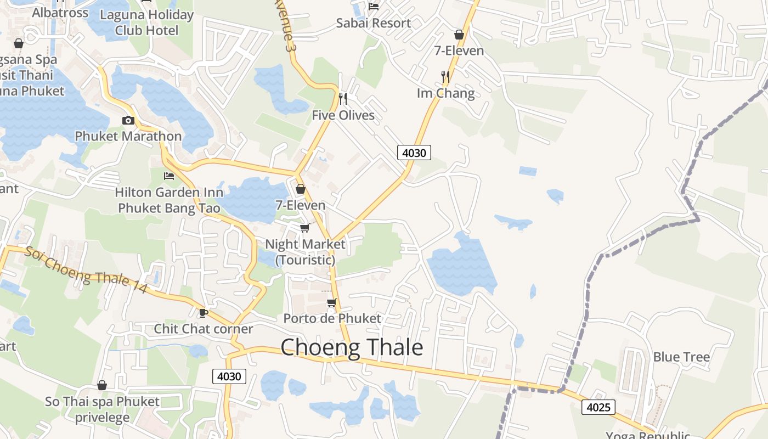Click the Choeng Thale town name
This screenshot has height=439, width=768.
[x=352, y=348]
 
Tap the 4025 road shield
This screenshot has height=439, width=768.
[x=598, y=407]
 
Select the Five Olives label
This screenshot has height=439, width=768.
[x=343, y=115]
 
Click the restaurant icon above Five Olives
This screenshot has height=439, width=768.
[x=343, y=99]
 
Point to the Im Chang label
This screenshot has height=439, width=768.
[x=445, y=93]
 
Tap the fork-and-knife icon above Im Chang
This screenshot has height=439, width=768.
[x=445, y=77]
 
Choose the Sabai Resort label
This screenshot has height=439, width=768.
[x=373, y=23]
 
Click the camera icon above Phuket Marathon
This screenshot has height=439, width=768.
[x=128, y=120]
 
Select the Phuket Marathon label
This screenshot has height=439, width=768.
[x=128, y=136]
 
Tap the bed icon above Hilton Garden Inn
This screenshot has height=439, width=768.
[x=169, y=176]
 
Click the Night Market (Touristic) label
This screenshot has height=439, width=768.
[x=305, y=252]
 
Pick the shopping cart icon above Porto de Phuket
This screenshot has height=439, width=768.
[x=331, y=302]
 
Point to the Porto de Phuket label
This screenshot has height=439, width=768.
[x=332, y=318]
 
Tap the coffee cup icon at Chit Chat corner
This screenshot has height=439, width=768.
[x=203, y=313]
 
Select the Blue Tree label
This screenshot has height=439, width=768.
[x=681, y=357]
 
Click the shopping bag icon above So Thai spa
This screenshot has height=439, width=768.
[x=102, y=385]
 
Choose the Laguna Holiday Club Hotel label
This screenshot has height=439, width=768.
[x=146, y=22]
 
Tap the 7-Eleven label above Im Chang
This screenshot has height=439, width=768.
[x=459, y=51]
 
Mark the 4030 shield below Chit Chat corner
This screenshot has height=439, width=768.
[x=229, y=376]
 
